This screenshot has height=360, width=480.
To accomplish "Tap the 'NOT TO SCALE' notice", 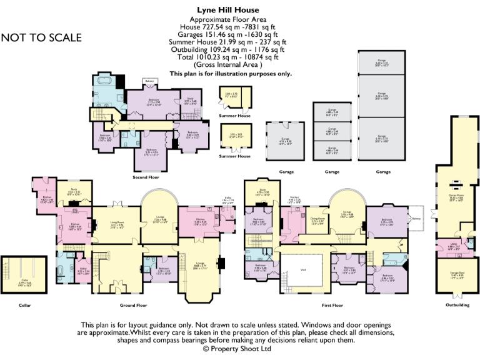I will pos(41,37).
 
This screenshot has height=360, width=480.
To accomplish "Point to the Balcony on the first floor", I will pos(413,219).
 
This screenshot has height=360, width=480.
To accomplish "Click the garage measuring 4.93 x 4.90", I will pos(285,142).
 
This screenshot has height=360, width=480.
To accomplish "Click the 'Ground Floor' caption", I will pos(133,306).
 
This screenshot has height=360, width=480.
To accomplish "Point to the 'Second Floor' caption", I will pos(146,177).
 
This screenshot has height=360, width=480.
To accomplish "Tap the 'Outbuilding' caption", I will pos(455,306).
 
